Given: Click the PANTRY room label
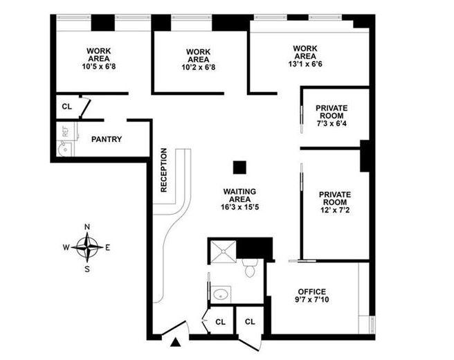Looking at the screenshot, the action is pyautogui.click(x=107, y=139).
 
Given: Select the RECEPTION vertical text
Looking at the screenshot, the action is pyautogui.click(x=164, y=169).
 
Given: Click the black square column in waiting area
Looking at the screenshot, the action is pyautogui.click(x=239, y=167).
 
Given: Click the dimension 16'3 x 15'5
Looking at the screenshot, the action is pyautogui.click(x=239, y=206).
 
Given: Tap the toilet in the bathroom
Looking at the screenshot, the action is pyautogui.click(x=251, y=268).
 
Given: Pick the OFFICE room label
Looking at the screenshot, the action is pyautogui.click(x=311, y=291).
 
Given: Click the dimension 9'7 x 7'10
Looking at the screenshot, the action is pyautogui.click(x=311, y=301).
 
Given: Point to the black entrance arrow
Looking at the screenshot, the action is pyautogui.click(x=176, y=341).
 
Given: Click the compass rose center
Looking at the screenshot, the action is pyautogui.click(x=87, y=246).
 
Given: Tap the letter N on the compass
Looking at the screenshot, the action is pyautogui.click(x=87, y=226).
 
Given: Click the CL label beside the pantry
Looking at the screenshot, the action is pyautogui.click(x=66, y=107).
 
